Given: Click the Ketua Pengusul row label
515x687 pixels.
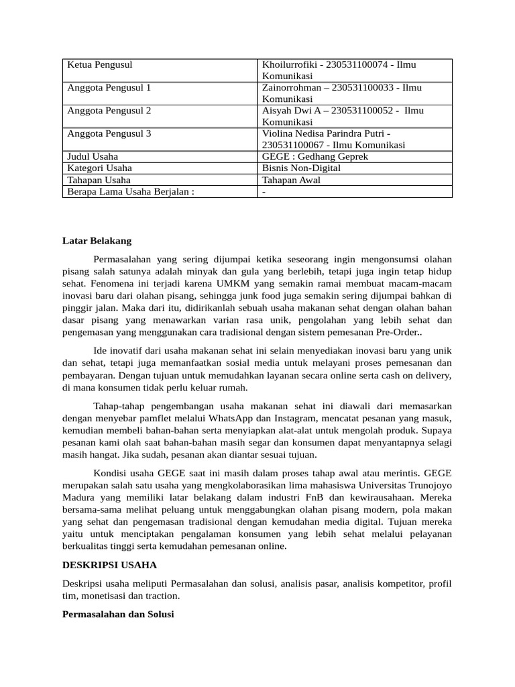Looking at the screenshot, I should pyautogui.click(x=100, y=64).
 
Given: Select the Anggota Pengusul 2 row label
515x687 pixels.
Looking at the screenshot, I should pyautogui.click(x=109, y=110).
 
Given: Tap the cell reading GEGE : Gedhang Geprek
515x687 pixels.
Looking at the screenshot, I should pyautogui.click(x=314, y=156).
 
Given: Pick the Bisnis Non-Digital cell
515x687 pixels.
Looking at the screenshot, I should pyautogui.click(x=301, y=168).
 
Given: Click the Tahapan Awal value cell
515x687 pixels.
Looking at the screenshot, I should pyautogui.click(x=291, y=180).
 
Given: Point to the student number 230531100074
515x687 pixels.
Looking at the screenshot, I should pyautogui.click(x=359, y=64).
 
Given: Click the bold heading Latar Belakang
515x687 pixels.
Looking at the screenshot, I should pyautogui.click(x=97, y=240).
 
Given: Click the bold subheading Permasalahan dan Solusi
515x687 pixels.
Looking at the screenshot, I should pyautogui.click(x=118, y=613).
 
